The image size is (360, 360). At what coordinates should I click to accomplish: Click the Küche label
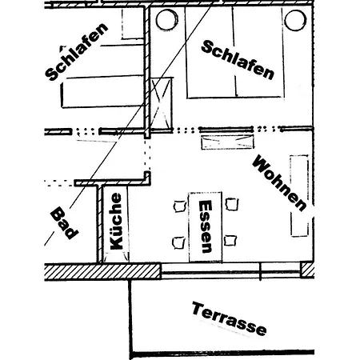coord(116,222)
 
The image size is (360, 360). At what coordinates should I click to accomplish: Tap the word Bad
coord(64,223)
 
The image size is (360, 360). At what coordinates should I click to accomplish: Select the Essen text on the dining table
coord(206,226)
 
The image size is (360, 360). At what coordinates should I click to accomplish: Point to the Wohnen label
coord(279,183)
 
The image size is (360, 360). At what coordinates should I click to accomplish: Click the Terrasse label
coord(229,318)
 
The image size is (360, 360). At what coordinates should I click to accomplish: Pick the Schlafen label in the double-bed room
coord(238,60)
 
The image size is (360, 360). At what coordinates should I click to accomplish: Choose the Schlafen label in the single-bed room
coord(77,52)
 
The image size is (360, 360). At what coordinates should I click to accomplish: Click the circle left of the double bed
coord(167,20)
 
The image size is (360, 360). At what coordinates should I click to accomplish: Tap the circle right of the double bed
coord(295,20)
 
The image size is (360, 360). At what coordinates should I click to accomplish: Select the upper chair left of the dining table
coord(180,206)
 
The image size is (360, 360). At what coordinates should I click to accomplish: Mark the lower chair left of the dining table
coord(178,242)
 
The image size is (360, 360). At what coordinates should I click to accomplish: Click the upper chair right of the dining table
coord(231,204)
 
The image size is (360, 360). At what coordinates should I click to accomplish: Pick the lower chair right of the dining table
coord(230,240)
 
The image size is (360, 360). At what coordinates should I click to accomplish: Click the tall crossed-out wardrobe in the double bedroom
coord(162,104)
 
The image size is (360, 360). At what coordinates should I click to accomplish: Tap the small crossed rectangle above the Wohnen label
coord(227,142)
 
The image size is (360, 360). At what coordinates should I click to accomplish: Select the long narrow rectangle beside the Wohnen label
coord(300,196)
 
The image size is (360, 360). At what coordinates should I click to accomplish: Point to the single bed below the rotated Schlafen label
coord(102,91)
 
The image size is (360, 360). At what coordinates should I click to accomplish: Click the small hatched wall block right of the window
coord(307,270)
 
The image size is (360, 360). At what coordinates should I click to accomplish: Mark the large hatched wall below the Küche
coord(102,272)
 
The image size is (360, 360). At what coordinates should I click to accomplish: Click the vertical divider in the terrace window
coord(261,271)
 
